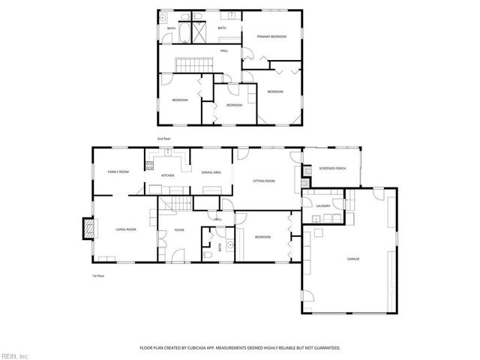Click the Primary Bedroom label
tap(268, 36)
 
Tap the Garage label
tap(352, 259)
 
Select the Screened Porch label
tap(331, 169)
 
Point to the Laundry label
tap(323, 205)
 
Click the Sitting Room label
tap(264, 181)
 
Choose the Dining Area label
tap(211, 172)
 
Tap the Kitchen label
tap(168, 175)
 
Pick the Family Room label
tap(118, 172)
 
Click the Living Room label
tap(125, 229)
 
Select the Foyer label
tap(180, 229)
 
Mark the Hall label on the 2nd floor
tap(224, 50)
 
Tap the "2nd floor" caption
tap(164, 139)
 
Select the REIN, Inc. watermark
tap(15, 355)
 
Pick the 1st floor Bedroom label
tap(262, 237)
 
